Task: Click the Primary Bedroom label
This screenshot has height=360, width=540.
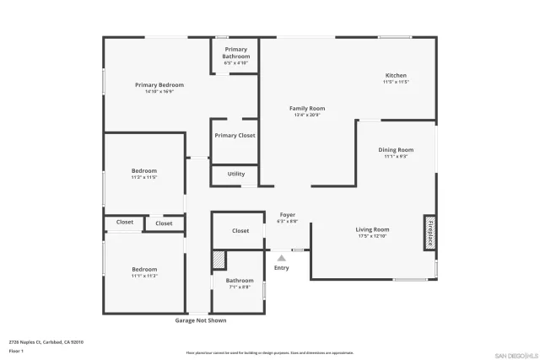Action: [x=159, y=85]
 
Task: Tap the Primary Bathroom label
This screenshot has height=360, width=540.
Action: [x=236, y=52]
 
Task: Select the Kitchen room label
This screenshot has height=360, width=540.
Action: [x=396, y=75]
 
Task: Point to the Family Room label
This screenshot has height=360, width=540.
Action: [x=307, y=108]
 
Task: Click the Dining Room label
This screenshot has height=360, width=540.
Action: [x=396, y=149]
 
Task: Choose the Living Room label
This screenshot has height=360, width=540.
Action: [x=372, y=229]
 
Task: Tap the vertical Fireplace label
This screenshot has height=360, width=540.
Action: [x=429, y=232]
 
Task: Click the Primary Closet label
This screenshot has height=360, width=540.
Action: [x=235, y=135]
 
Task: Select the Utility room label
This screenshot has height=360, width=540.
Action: [x=236, y=174]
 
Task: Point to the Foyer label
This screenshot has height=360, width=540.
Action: [x=288, y=215]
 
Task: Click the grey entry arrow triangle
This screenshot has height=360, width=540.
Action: [x=282, y=258]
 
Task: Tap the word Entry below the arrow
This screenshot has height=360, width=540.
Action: [x=282, y=268]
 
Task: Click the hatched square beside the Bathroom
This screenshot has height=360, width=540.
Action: [x=219, y=260]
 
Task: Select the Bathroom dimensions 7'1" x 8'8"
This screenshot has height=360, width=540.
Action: [x=240, y=287]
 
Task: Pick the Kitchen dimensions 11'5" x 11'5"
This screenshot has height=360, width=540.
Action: [x=396, y=82]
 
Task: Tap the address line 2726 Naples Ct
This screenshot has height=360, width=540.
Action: [x=46, y=341]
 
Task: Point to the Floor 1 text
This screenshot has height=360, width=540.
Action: [x=16, y=350]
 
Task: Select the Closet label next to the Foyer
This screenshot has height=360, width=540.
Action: [x=240, y=230]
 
